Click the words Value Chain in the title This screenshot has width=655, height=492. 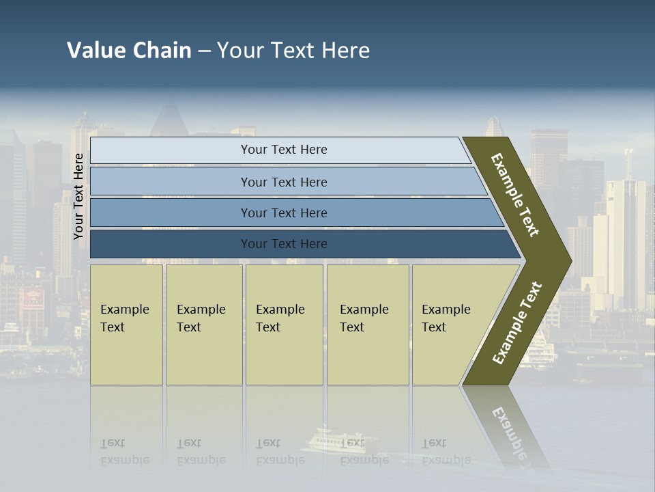coord(129,51)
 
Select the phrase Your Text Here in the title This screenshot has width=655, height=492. coord(293,51)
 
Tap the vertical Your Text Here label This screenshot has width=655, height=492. coord(78,196)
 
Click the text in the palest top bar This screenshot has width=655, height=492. coord(284,150)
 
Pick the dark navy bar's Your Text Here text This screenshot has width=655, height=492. coord(284,244)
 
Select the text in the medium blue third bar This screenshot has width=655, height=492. coord(284,213)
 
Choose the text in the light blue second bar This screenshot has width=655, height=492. coord(284,182)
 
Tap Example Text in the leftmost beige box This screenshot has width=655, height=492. coord(124,318)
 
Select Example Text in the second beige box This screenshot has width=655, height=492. coord(201,318)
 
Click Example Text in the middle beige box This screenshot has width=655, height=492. coord(280,318)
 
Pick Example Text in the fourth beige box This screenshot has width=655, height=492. coord(364,318)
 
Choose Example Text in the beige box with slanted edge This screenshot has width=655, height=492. coord(446,318)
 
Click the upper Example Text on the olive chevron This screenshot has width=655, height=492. coord(515,195)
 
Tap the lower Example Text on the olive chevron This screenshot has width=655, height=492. coord(517,323)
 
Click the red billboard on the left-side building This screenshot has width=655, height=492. coord(32,298)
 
